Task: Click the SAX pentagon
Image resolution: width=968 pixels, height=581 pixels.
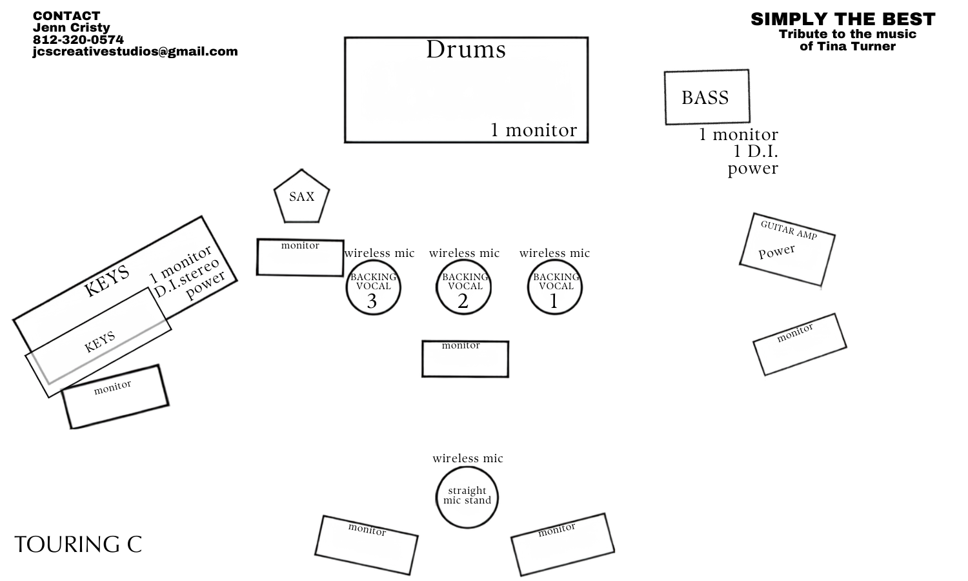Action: tap(301, 197)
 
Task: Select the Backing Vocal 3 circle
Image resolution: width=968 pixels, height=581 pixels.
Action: tap(374, 287)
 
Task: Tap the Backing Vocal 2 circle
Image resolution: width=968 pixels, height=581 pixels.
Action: tap(464, 287)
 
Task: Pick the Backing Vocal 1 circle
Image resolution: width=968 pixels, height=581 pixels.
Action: tap(555, 287)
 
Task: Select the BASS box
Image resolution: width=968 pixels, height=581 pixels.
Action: tap(707, 97)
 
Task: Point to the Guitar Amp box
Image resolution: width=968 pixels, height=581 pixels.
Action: tap(787, 249)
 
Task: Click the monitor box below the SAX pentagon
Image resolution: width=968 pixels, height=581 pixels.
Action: tap(300, 257)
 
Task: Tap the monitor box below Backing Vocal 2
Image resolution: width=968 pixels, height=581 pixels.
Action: tap(465, 359)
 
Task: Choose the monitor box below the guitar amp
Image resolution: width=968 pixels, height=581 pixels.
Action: tap(800, 345)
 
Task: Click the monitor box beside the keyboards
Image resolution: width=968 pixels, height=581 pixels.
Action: tap(116, 397)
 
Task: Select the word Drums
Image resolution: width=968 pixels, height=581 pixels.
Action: tap(466, 50)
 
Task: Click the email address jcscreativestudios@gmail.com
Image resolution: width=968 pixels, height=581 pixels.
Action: tap(136, 52)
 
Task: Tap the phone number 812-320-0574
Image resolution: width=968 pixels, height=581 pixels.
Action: tap(78, 40)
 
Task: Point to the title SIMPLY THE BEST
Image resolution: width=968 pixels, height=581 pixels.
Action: tap(843, 19)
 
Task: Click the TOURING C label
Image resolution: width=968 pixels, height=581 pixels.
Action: tap(78, 544)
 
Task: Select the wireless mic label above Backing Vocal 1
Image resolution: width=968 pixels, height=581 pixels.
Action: tap(554, 253)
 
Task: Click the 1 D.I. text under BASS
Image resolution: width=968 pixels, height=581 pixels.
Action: tap(756, 151)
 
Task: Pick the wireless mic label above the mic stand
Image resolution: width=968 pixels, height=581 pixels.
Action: tap(468, 458)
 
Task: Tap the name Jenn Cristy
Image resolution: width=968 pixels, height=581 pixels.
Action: tap(71, 28)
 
